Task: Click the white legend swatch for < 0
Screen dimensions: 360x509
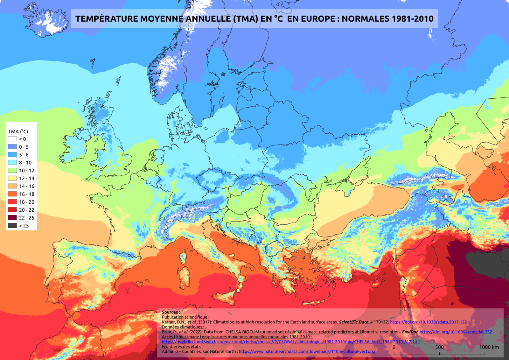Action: tap(12, 139)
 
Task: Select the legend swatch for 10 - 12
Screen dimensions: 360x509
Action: tap(12, 170)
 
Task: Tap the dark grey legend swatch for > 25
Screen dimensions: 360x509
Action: tap(12, 225)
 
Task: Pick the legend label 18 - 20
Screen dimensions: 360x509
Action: tap(27, 202)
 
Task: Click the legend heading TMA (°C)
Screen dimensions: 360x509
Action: tap(18, 131)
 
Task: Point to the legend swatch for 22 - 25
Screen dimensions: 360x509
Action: tap(12, 217)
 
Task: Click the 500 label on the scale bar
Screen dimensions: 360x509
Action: tap(439, 347)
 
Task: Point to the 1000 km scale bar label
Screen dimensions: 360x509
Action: tap(489, 347)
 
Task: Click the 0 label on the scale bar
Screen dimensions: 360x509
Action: tap(394, 347)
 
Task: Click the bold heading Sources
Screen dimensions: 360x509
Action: tap(171, 312)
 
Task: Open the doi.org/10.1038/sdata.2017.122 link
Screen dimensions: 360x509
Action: tap(428, 322)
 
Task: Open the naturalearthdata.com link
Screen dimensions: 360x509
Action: tap(307, 351)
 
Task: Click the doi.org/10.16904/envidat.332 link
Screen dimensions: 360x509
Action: tap(456, 332)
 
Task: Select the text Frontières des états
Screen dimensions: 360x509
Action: tap(182, 347)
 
